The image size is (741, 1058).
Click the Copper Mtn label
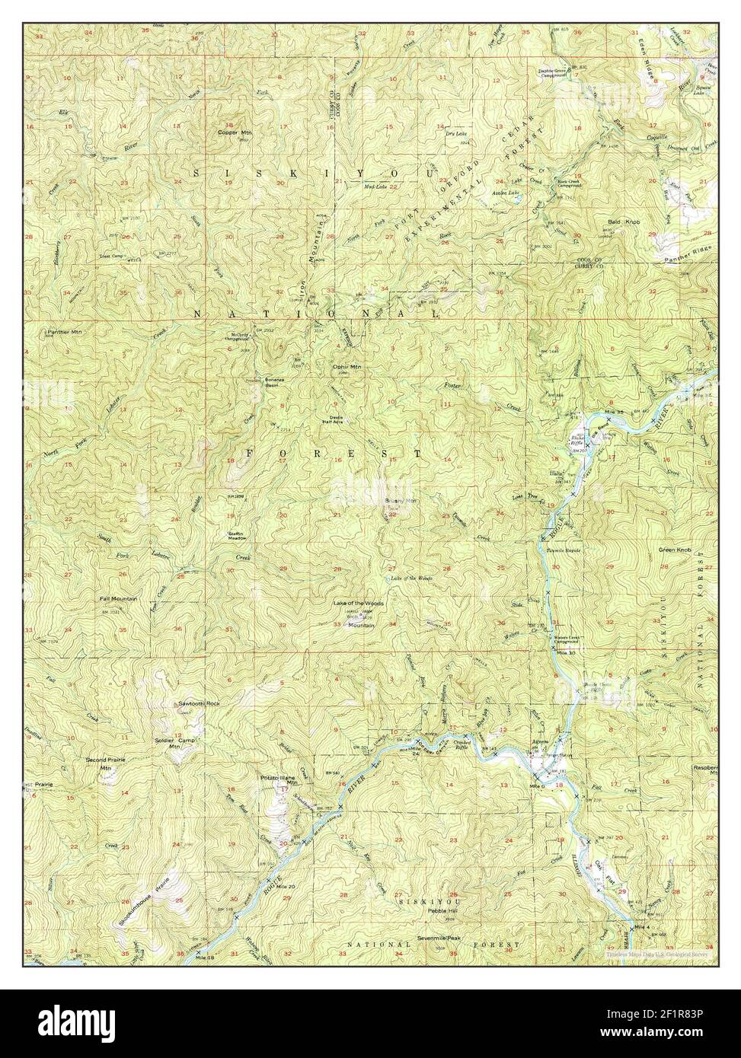pyautogui.click(x=233, y=132)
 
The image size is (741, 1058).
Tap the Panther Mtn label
pyautogui.click(x=65, y=332)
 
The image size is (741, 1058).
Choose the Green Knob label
pyautogui.click(x=675, y=550)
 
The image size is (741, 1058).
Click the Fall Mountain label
pyautogui.click(x=118, y=599)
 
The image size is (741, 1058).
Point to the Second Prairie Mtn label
pyautogui.click(x=105, y=763)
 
